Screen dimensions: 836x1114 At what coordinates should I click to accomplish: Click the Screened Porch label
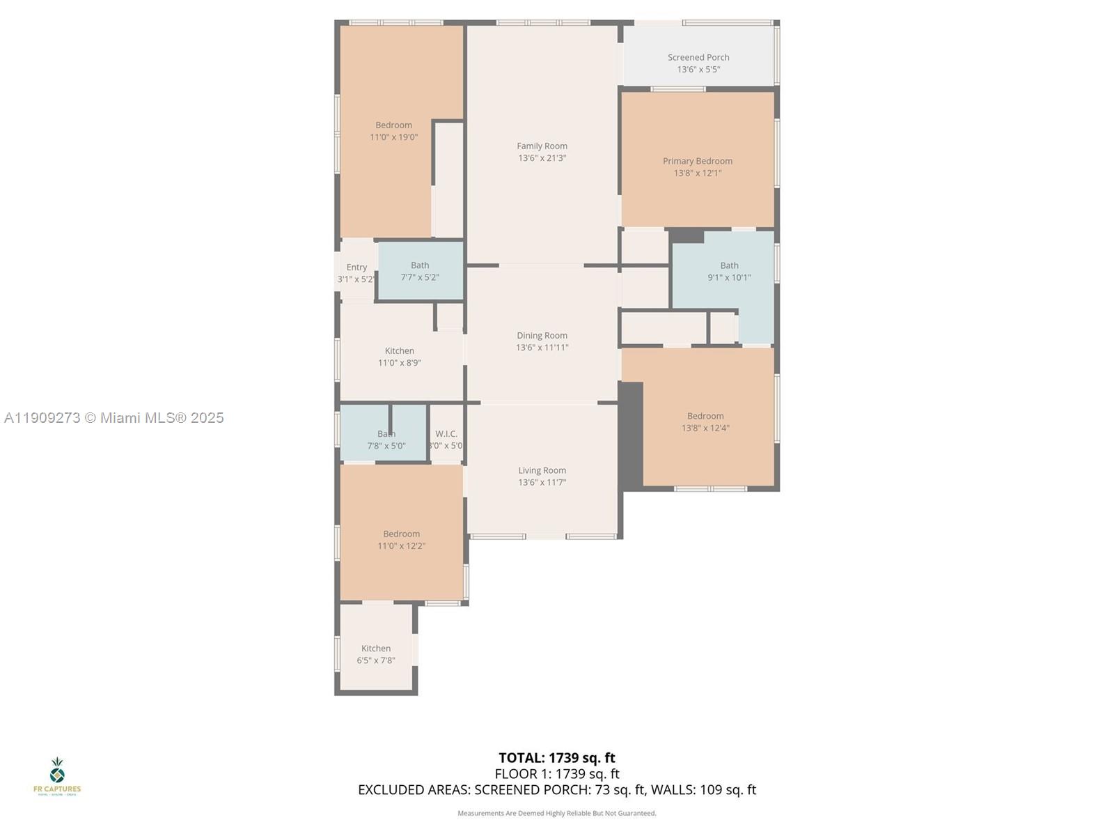[x=698, y=58]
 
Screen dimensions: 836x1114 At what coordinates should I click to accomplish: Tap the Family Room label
[x=542, y=146]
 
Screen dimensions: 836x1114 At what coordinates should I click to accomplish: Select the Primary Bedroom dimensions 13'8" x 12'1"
[x=698, y=173]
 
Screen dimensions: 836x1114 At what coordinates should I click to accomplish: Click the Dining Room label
[x=542, y=336]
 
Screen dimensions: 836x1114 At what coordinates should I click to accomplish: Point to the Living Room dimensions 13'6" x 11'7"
[x=542, y=482]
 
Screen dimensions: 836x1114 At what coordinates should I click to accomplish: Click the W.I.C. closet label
[x=446, y=434]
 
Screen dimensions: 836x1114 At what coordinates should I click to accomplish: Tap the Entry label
[x=356, y=268]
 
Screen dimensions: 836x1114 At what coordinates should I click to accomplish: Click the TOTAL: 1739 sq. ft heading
[x=557, y=758]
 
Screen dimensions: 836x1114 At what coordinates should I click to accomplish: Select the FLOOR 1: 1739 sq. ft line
[x=557, y=774]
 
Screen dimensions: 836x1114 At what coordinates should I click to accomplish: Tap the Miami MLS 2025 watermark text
[x=114, y=418]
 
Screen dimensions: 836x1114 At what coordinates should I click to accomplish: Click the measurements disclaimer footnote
[x=557, y=813]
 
